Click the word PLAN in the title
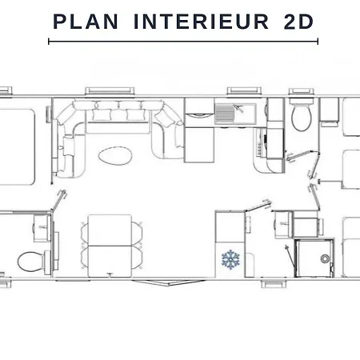(x=86, y=22)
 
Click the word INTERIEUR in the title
(x=201, y=22)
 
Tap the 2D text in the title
(x=298, y=22)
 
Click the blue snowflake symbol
(x=230, y=259)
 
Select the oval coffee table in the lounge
(x=115, y=155)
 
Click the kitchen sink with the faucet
(x=235, y=114)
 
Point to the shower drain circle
(x=325, y=258)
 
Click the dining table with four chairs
(x=110, y=246)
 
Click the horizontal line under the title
(x=183, y=42)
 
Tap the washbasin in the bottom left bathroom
(x=42, y=228)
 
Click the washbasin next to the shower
(x=283, y=224)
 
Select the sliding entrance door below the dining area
(x=169, y=282)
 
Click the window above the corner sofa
(x=110, y=90)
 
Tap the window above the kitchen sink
(x=244, y=90)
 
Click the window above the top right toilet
(x=302, y=91)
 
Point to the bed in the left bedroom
(x=17, y=146)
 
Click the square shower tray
(x=314, y=258)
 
